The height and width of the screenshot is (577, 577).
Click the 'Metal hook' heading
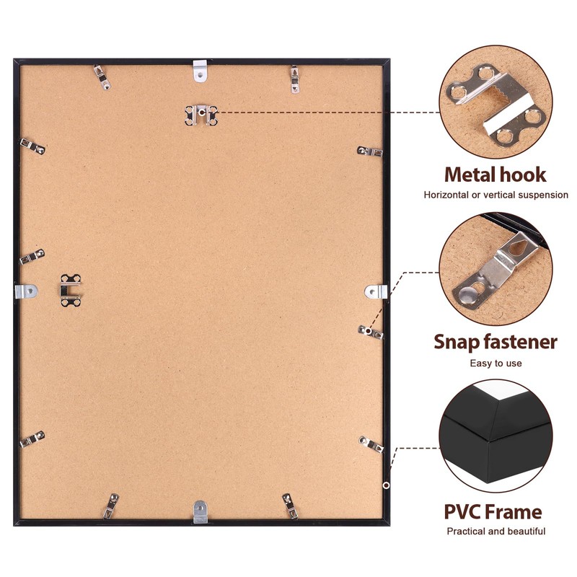[495, 174]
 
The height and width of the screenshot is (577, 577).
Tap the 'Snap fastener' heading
[495, 341]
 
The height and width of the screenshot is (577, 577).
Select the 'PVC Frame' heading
[493, 512]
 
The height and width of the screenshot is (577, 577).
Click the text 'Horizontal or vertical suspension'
[495, 195]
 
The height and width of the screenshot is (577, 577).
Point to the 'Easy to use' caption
[495, 363]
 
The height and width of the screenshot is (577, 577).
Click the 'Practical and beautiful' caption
[495, 532]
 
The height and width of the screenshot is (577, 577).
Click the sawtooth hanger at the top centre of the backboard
[201, 115]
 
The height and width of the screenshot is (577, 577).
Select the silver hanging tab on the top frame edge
[201, 71]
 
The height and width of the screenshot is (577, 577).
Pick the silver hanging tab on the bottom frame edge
[200, 511]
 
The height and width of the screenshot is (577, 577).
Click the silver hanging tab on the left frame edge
[25, 291]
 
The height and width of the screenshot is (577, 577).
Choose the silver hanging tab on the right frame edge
[376, 291]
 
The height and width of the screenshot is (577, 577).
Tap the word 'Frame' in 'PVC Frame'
[513, 512]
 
